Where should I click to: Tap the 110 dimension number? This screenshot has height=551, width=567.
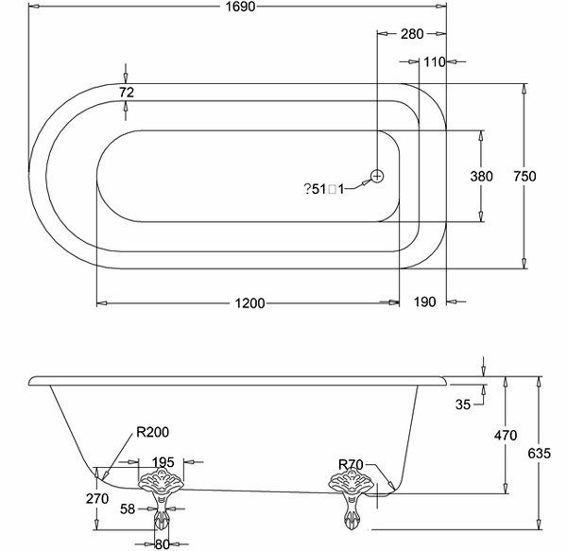pyautogui.click(x=435, y=62)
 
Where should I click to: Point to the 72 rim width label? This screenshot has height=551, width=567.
pyautogui.click(x=127, y=92)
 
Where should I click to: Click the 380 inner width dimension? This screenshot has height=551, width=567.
pyautogui.click(x=482, y=177)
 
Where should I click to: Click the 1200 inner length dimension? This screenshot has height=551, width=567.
pyautogui.click(x=248, y=303)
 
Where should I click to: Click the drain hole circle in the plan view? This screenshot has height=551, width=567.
pyautogui.click(x=376, y=176)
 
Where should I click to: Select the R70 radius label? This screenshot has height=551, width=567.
pyautogui.click(x=352, y=465)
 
